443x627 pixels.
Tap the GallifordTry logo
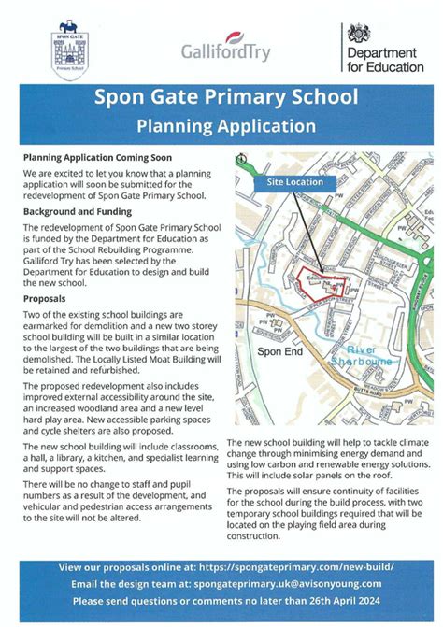click(x=225, y=50)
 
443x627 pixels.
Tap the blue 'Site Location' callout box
click(x=295, y=182)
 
